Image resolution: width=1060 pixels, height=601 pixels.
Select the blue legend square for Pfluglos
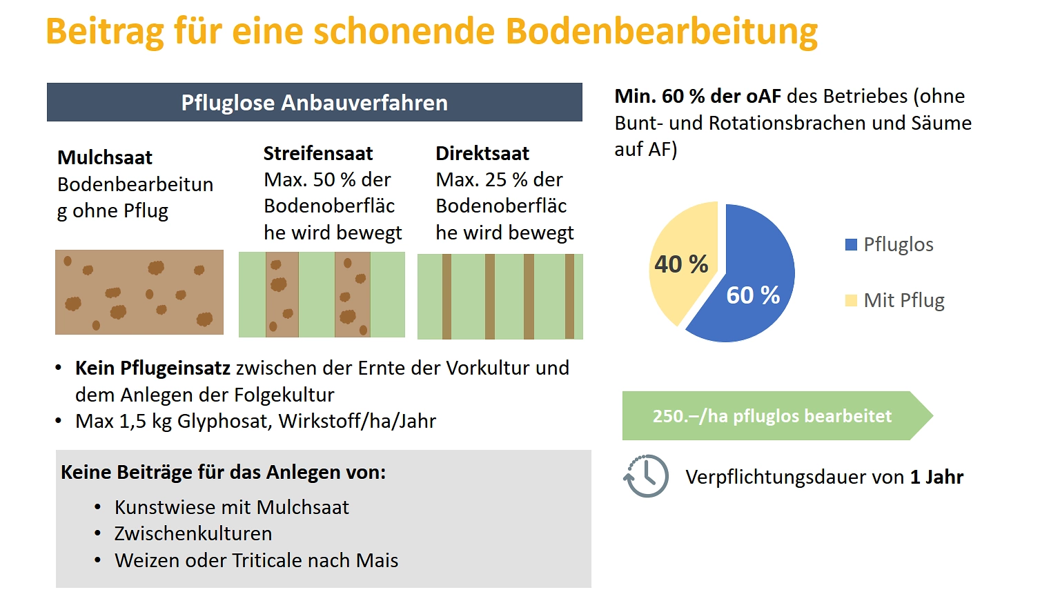(x=851, y=244)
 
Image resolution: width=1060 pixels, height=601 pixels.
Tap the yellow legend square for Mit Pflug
(x=851, y=300)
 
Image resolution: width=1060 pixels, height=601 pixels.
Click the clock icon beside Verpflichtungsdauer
(x=647, y=476)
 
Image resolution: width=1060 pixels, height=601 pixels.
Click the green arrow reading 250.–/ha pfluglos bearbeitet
(x=773, y=416)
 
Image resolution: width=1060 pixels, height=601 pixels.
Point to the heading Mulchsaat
(x=105, y=157)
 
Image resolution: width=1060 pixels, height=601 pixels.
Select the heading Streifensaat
(x=318, y=153)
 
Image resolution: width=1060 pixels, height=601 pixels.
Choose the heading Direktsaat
(x=482, y=153)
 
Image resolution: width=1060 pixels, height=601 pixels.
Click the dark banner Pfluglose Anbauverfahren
(x=315, y=102)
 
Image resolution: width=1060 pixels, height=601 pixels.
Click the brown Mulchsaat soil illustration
(x=139, y=292)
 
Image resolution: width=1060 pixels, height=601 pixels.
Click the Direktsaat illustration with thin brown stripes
(x=500, y=296)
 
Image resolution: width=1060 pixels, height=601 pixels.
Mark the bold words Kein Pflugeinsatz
(x=153, y=368)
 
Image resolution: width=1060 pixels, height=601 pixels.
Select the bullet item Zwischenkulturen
(x=193, y=533)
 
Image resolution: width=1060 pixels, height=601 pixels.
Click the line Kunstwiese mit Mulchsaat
(x=232, y=507)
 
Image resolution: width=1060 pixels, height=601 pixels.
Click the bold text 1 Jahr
(x=936, y=477)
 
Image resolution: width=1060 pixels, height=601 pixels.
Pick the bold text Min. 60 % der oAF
(x=698, y=96)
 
